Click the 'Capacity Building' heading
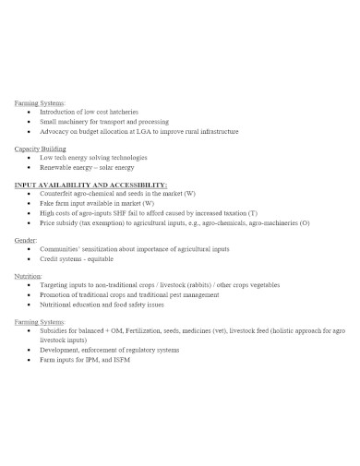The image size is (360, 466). [41, 149]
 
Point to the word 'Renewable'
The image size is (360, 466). [55, 168]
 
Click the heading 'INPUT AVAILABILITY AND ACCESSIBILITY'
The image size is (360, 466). [90, 185]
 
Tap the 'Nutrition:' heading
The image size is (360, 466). [30, 276]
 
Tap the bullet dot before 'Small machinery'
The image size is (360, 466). [31, 122]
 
